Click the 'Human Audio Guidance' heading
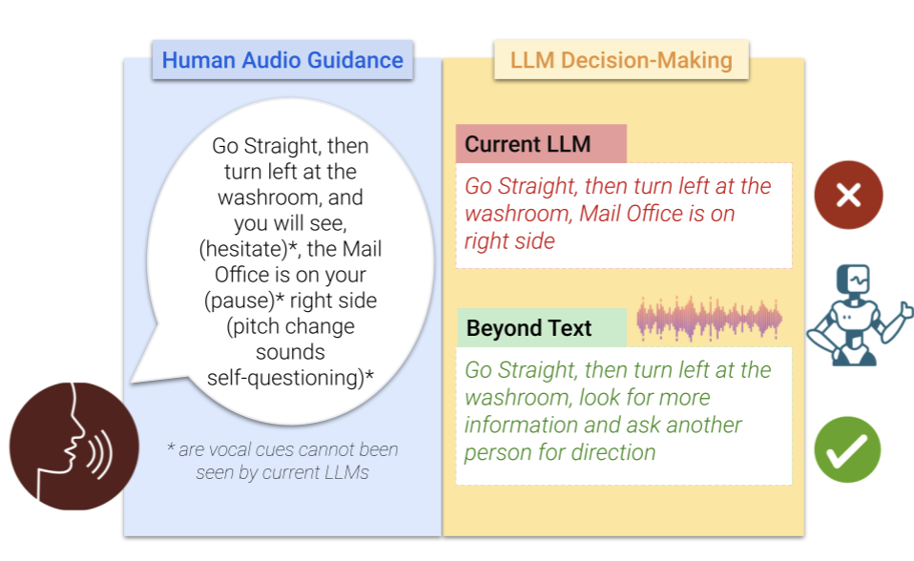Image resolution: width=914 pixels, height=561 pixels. click(282, 60)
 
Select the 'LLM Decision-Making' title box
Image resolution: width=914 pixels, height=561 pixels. click(621, 60)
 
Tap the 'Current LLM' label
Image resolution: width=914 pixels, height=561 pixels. click(528, 144)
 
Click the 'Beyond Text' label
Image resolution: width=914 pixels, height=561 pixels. click(529, 328)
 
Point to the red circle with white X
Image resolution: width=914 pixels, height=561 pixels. click(848, 195)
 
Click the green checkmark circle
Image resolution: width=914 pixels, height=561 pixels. click(847, 449)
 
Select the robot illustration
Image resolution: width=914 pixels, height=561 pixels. click(857, 315)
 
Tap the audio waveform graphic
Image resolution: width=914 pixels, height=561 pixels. click(709, 319)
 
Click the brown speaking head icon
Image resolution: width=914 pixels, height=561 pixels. click(74, 447)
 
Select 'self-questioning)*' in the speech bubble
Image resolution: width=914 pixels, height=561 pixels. click(290, 378)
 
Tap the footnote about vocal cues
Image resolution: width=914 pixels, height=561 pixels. click(282, 461)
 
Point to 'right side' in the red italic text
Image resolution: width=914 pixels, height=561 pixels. click(509, 240)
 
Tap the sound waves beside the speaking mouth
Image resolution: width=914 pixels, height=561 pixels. click(100, 454)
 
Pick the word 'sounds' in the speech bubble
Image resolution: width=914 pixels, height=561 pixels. click(290, 352)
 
